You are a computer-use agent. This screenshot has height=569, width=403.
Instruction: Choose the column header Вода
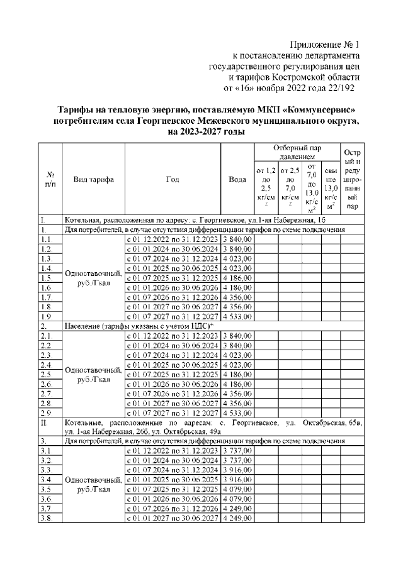tap(237, 179)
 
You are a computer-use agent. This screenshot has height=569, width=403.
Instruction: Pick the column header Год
tap(173, 179)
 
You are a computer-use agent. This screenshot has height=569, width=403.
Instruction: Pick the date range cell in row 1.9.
tap(173, 318)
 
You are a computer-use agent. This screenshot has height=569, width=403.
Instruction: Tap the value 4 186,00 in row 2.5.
tap(237, 374)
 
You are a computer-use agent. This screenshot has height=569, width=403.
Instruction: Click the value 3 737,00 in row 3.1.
tap(237, 451)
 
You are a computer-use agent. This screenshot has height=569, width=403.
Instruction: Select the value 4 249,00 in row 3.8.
tap(237, 519)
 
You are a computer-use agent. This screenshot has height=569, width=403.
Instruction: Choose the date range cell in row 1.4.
tap(173, 269)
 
